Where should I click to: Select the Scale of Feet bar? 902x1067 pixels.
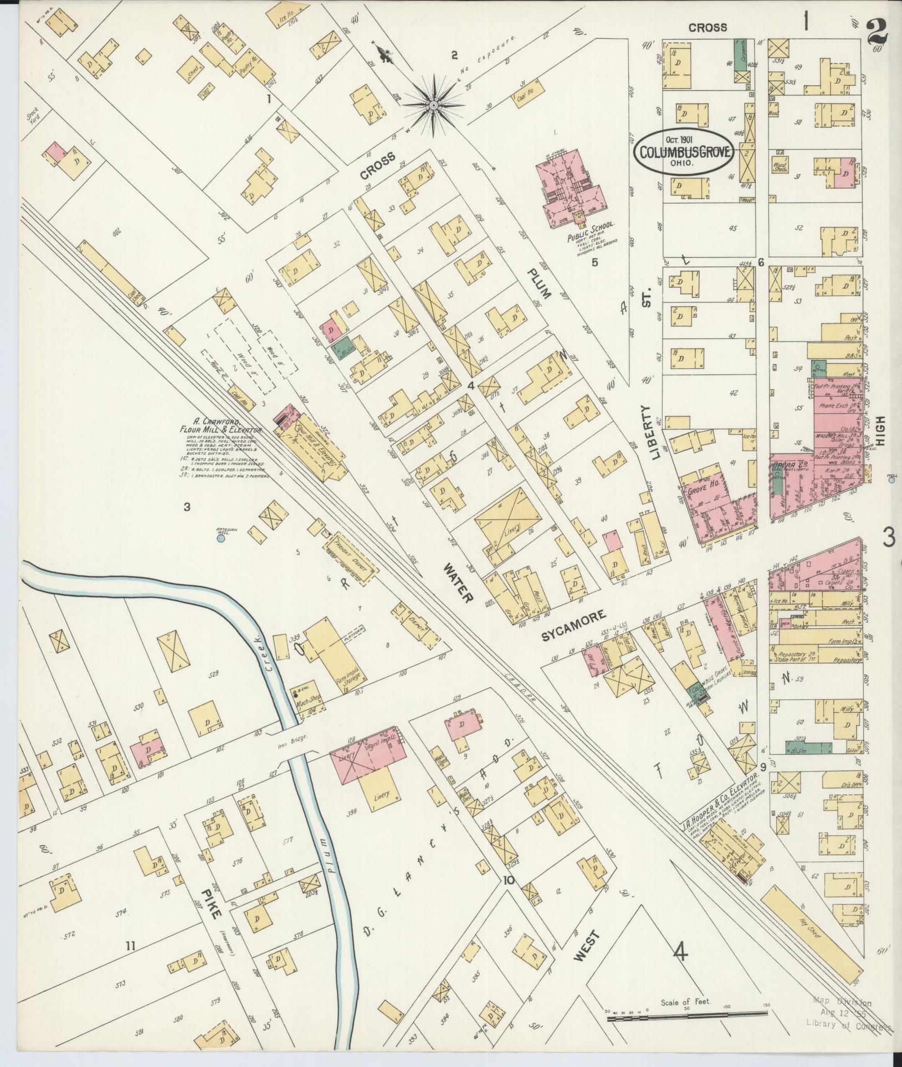coord(687,1014)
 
